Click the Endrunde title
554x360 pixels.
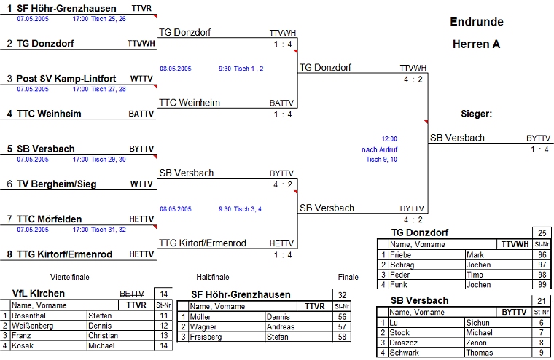click(477, 22)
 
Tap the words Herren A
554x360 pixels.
click(477, 44)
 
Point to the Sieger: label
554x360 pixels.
click(477, 114)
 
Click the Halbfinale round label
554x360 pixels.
click(213, 277)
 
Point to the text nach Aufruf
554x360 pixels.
click(380, 149)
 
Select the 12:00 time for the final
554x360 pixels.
click(389, 138)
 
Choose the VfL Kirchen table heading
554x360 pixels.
click(39, 293)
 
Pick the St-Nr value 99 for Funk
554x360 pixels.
click(541, 285)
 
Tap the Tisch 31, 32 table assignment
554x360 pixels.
click(109, 230)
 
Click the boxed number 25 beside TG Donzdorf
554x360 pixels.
click(541, 233)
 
